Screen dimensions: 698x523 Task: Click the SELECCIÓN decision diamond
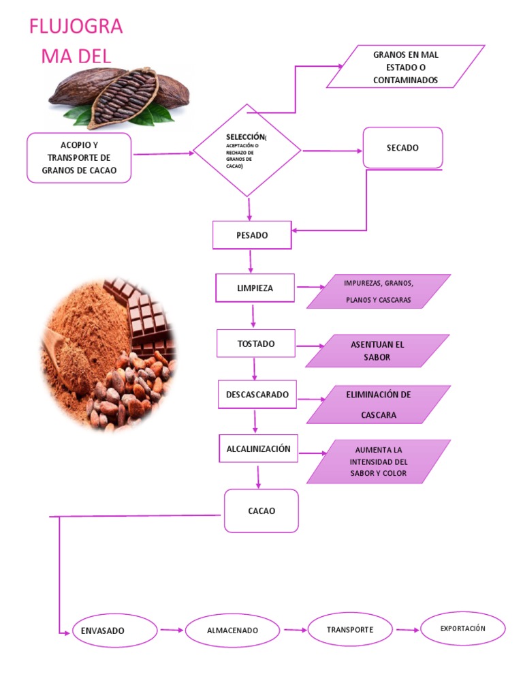pos(247,151)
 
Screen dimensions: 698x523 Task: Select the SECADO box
pos(402,148)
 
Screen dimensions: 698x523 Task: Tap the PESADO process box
pos(252,235)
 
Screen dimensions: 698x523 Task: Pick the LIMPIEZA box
pos(255,288)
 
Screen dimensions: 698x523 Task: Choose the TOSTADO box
pos(256,344)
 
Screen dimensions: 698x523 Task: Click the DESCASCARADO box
pos(257,395)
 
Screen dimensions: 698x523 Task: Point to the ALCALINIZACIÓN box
pos(258,449)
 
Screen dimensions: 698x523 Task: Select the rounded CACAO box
pos(261,511)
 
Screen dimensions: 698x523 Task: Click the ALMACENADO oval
pos(232,631)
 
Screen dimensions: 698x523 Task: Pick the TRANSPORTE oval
pos(350,629)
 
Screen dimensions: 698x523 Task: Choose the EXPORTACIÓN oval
pos(463,628)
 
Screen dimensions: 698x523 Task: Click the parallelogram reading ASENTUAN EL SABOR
pos(377,351)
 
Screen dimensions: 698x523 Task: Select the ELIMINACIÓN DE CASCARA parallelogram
pos(379,404)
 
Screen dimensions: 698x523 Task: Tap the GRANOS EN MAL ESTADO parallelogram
pos(406,67)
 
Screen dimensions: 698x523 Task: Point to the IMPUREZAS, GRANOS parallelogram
pos(379,292)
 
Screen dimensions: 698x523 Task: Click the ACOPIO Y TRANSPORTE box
pos(79,158)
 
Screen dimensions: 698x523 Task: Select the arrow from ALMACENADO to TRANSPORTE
pos(294,631)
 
